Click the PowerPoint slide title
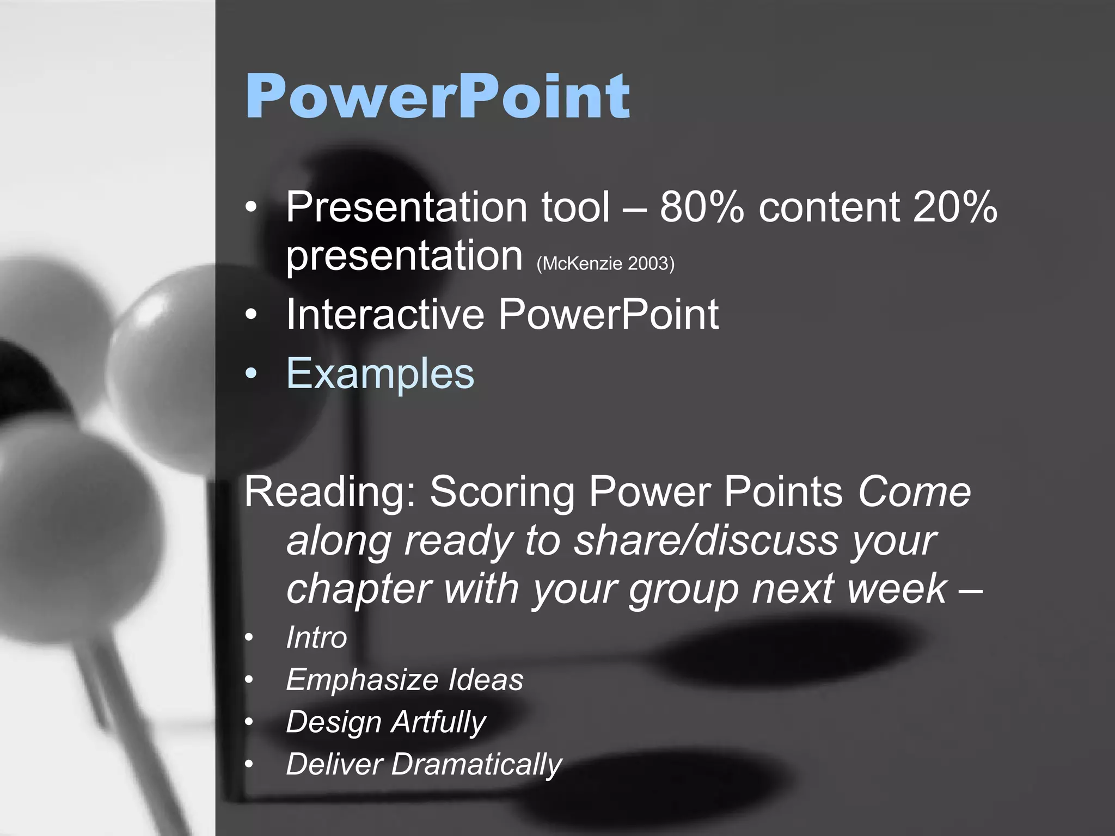pos(438,97)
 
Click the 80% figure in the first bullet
pos(701,207)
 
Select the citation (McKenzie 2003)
pos(605,264)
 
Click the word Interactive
pos(385,315)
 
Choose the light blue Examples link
pos(380,374)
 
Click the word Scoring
pos(502,492)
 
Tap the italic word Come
pos(914,492)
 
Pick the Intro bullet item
pos(316,637)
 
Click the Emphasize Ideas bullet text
pos(405,680)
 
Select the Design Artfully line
pos(385,722)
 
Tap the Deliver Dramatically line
pos(424,764)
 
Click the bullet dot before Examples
pos(250,374)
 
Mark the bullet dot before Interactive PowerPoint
pos(250,315)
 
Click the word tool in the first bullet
pos(575,207)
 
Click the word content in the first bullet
pos(829,207)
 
